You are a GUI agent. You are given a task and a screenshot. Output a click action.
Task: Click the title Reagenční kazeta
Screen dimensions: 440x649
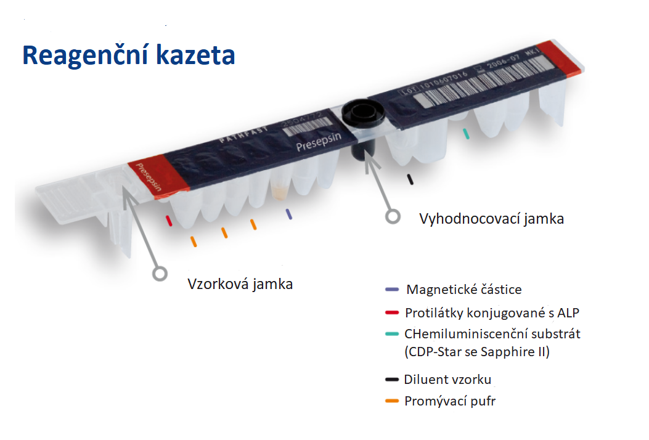(x=129, y=55)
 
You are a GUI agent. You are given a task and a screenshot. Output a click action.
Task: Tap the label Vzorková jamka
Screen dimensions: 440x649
(x=240, y=284)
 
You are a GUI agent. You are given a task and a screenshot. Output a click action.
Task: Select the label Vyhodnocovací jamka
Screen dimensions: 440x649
(x=491, y=219)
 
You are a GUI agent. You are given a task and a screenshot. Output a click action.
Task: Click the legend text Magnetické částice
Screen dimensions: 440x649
(x=464, y=290)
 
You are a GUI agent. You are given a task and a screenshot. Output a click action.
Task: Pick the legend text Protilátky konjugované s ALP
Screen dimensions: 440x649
(x=492, y=312)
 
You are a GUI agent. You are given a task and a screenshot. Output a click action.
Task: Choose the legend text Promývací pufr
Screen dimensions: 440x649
(x=450, y=402)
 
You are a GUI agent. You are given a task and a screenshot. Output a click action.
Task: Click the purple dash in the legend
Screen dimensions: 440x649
(x=391, y=290)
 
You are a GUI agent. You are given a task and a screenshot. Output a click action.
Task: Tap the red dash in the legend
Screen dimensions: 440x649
(x=391, y=312)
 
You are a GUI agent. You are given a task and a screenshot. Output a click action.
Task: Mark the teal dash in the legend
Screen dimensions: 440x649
(x=391, y=335)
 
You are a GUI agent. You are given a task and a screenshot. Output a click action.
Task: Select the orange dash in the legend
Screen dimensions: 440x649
(x=391, y=402)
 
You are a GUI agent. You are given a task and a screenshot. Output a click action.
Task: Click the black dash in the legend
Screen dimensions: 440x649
(x=391, y=380)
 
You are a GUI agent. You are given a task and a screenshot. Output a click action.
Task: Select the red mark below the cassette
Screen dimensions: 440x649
(x=167, y=221)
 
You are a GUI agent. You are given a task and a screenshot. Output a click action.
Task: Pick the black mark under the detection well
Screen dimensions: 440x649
(x=410, y=179)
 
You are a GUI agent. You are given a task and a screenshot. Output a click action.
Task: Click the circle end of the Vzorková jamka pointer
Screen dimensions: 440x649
(x=160, y=273)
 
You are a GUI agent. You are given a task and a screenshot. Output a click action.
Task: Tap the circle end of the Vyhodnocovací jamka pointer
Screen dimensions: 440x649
(x=392, y=216)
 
